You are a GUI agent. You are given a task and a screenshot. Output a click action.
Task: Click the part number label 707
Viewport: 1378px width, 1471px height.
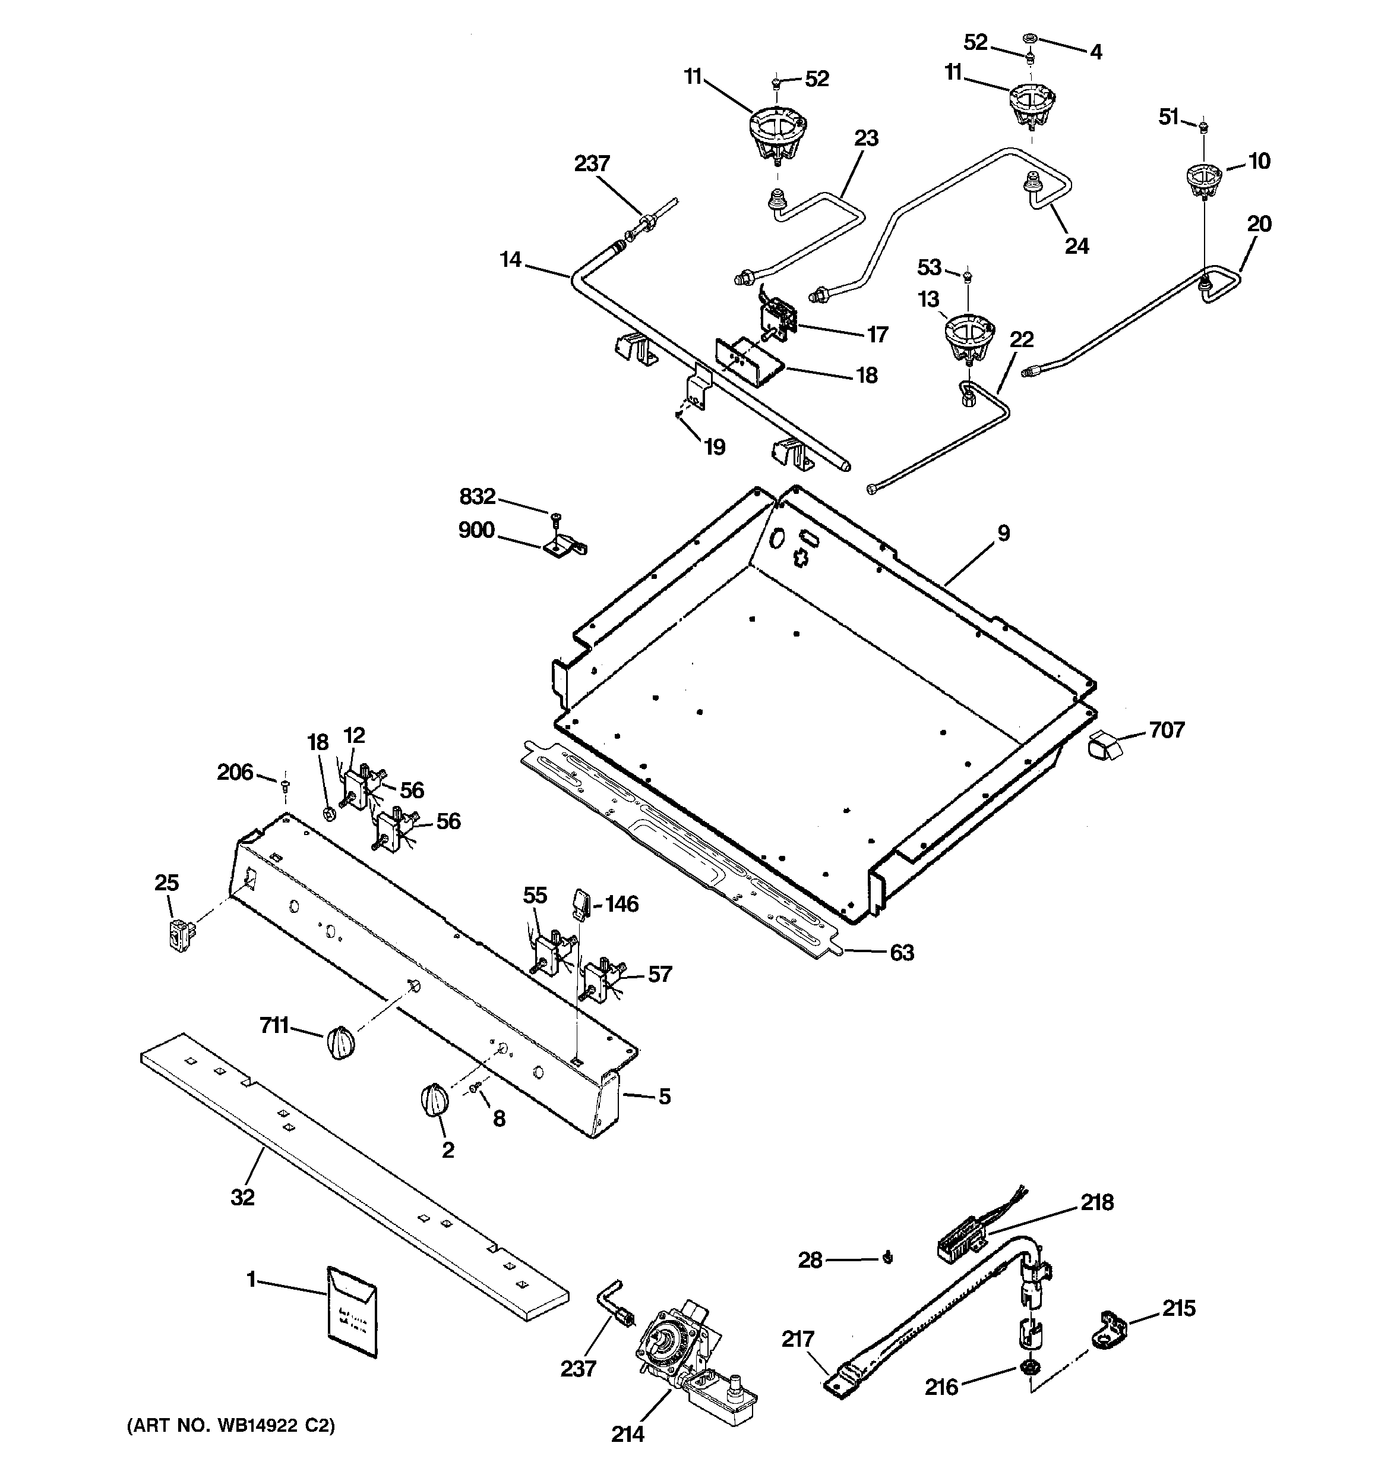(1167, 730)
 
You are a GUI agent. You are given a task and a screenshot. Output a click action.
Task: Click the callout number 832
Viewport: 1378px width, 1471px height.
(477, 496)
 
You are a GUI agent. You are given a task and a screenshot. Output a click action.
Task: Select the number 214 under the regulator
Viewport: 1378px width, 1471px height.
(627, 1434)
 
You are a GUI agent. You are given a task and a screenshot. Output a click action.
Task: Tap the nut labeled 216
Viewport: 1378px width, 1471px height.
(1028, 1366)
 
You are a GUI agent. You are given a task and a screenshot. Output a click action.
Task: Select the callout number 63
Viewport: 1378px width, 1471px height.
(902, 952)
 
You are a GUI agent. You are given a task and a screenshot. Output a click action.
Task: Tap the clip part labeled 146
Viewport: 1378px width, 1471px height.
(581, 904)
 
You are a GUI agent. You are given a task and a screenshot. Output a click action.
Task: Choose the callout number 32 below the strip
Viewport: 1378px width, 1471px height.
(242, 1196)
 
